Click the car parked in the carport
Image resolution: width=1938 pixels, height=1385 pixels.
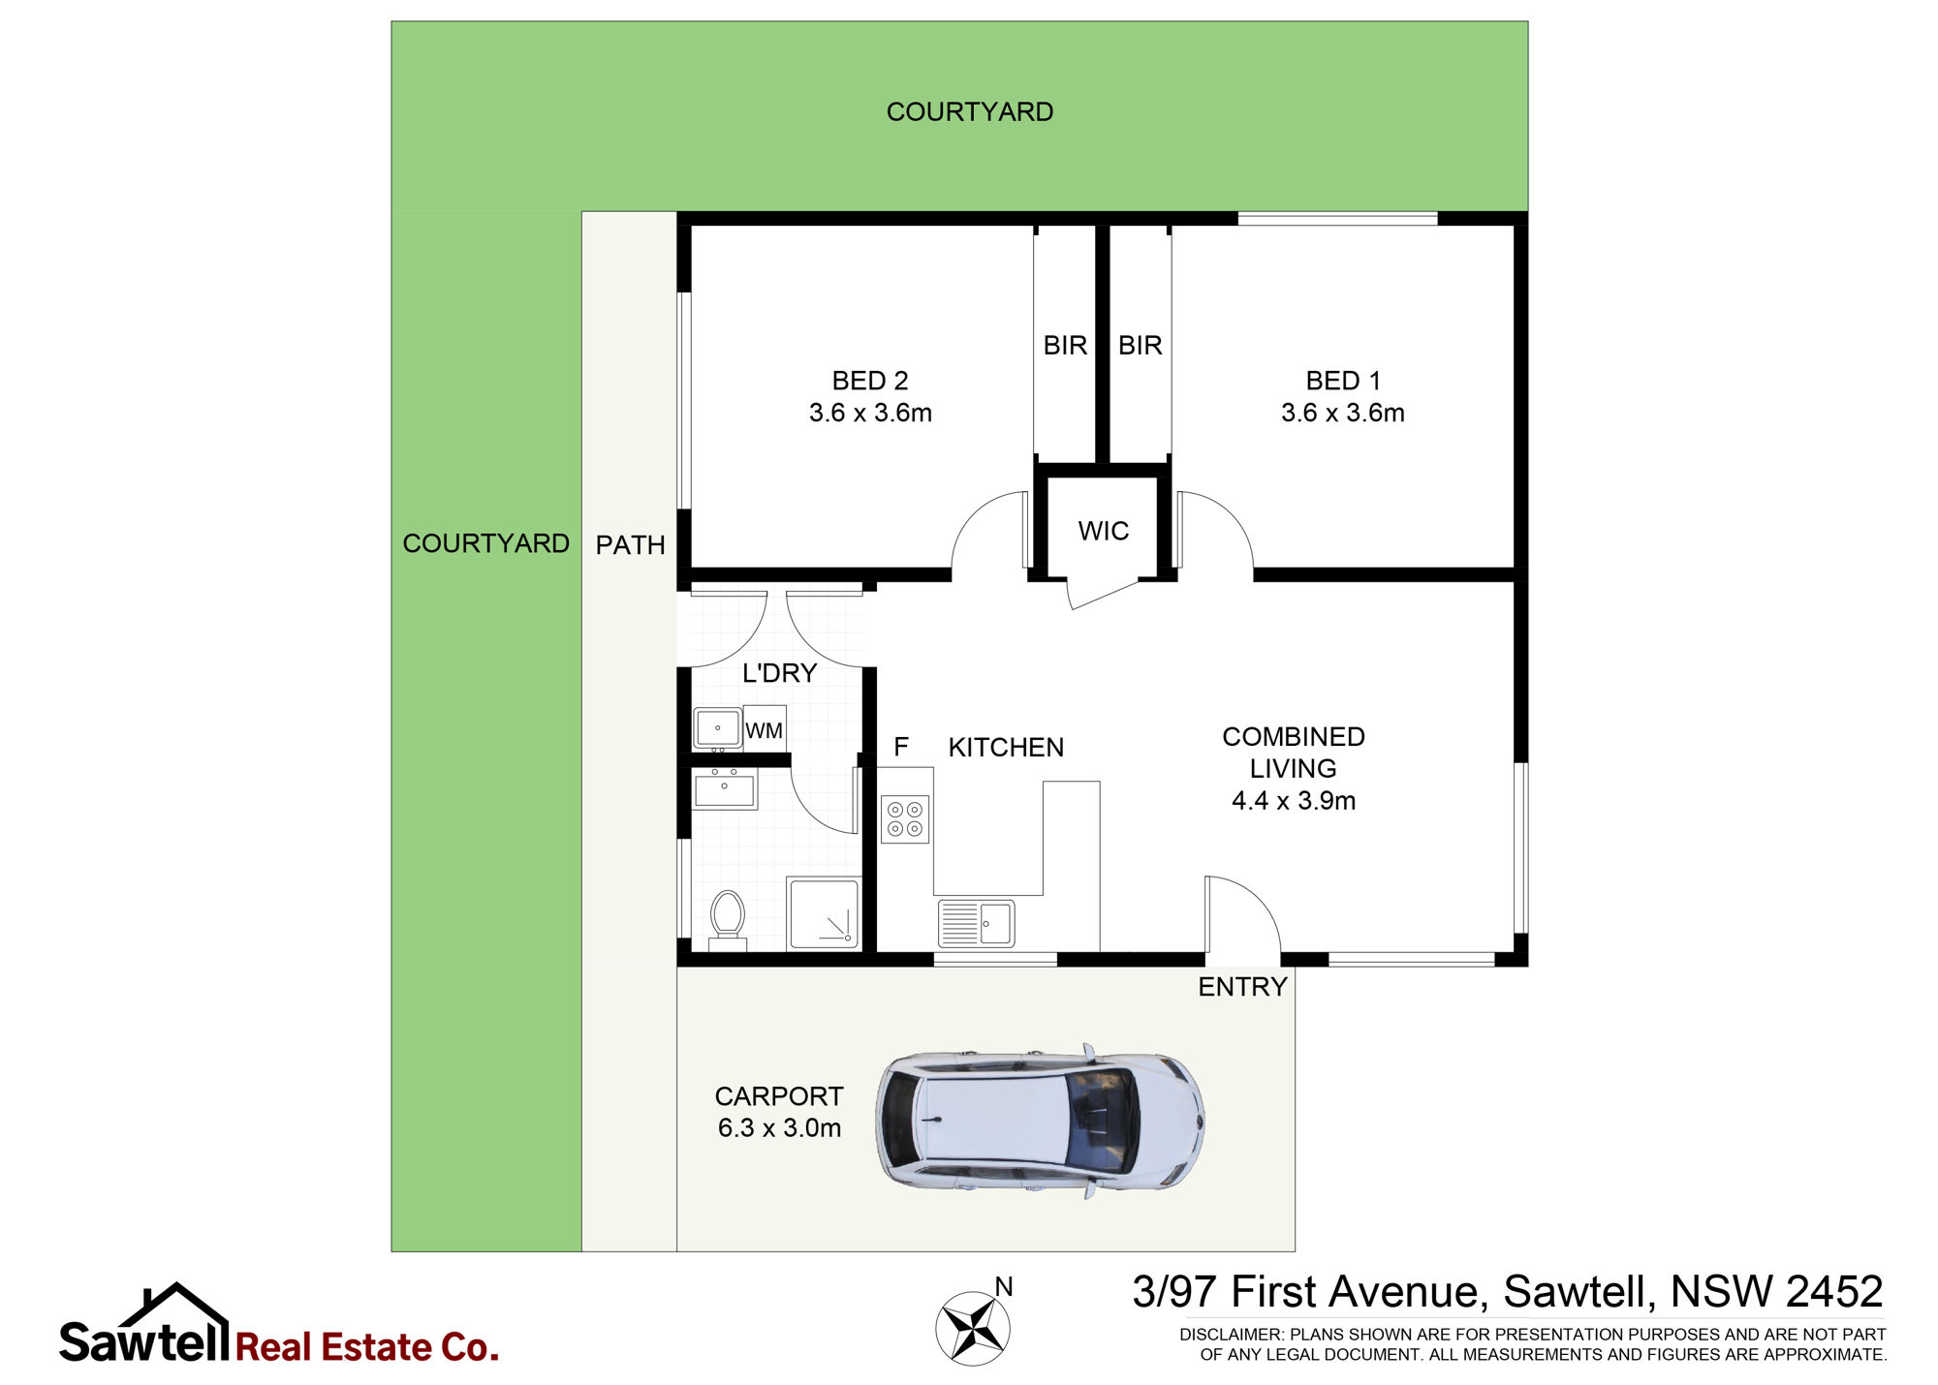(x=1040, y=1121)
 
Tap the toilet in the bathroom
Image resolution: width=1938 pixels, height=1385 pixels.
(x=727, y=920)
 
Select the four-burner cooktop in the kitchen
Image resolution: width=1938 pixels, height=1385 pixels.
(x=905, y=819)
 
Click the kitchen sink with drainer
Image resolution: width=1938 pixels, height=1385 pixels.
(x=976, y=923)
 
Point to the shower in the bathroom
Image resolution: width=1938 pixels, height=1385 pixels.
(x=823, y=913)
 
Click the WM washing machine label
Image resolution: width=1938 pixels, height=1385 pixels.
(x=764, y=731)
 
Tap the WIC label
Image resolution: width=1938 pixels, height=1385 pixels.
(x=1104, y=531)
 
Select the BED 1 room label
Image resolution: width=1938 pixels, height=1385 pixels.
(x=1343, y=381)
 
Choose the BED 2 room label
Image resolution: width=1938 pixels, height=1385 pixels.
(x=870, y=381)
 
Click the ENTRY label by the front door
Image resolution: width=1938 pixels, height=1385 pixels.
(x=1242, y=987)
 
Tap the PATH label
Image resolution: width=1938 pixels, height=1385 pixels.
(x=630, y=545)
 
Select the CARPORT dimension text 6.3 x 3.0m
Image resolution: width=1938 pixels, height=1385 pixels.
(x=779, y=1128)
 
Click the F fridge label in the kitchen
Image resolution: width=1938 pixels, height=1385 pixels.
(x=901, y=747)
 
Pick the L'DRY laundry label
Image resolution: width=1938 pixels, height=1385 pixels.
(x=779, y=673)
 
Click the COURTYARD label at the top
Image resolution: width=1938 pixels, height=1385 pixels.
(x=970, y=112)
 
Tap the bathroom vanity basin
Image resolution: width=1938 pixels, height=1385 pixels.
(x=725, y=788)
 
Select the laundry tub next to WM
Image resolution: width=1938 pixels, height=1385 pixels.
(x=718, y=728)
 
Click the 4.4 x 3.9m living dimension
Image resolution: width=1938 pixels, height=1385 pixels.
(x=1294, y=801)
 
